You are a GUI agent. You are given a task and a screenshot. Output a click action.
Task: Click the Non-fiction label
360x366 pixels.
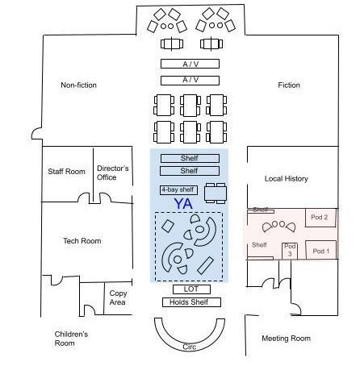[78, 85]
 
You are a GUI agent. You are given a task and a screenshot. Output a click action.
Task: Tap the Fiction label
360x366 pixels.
[289, 85]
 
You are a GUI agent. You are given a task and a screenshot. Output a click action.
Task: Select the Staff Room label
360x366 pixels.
[66, 172]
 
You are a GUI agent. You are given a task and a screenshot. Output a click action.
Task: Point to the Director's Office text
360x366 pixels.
[113, 173]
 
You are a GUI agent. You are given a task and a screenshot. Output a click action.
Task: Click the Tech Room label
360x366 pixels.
[82, 241]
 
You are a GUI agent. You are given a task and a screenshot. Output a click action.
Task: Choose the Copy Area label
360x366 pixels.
[118, 297]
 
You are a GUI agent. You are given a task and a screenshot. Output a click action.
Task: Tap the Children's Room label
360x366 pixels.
[71, 339]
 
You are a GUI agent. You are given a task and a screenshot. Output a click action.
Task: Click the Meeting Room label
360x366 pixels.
[286, 339]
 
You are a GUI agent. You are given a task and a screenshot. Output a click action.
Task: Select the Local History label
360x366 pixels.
[287, 179]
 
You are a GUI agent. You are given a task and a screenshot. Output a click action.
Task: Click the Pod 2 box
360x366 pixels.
[320, 218]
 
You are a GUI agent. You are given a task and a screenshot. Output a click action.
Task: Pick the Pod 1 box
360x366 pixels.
[321, 250]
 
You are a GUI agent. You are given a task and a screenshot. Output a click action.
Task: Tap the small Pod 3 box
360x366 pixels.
[290, 251]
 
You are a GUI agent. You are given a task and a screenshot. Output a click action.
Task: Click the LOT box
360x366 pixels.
[191, 289]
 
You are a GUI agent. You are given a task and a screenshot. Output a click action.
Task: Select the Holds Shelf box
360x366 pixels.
[191, 302]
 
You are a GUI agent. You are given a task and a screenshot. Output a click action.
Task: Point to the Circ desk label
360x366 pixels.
[190, 347]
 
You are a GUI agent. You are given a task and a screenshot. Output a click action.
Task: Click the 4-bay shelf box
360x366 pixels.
[178, 190]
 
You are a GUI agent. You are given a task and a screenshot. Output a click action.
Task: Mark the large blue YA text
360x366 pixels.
[183, 204]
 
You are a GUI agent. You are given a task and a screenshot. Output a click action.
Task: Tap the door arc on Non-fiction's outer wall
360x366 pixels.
[37, 134]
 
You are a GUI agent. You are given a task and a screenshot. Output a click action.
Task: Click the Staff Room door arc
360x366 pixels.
[83, 198]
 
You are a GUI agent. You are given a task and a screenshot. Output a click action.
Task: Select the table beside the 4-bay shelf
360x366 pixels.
[216, 193]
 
